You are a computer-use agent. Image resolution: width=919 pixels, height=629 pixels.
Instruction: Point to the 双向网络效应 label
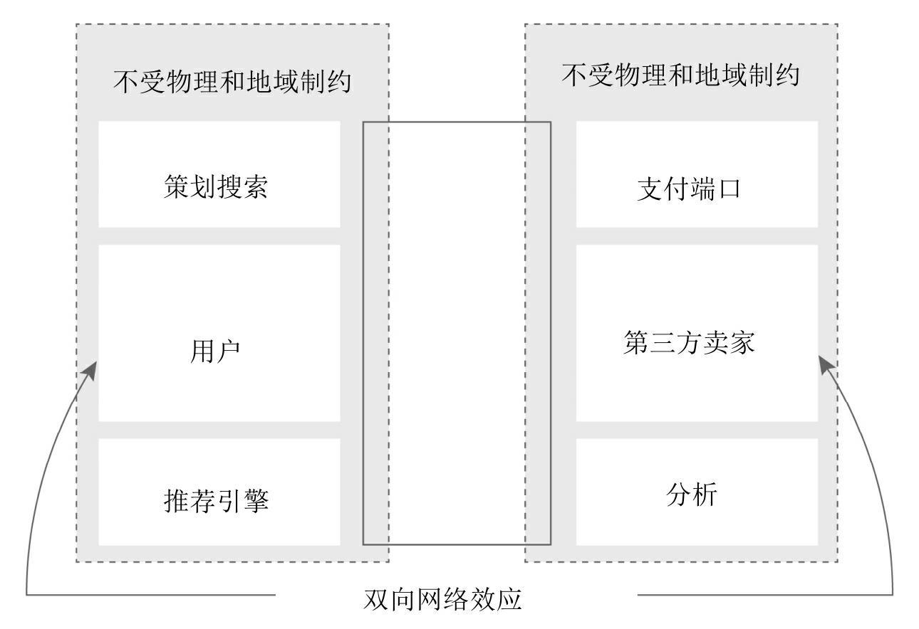click(x=442, y=599)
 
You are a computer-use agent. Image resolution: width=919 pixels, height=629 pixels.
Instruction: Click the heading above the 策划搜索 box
click(x=232, y=80)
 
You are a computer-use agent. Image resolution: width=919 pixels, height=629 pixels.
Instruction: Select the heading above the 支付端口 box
click(x=680, y=75)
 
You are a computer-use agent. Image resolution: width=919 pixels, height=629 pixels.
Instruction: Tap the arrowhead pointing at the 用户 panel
click(x=91, y=370)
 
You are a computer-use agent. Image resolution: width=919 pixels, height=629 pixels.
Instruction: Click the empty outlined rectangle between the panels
click(x=457, y=333)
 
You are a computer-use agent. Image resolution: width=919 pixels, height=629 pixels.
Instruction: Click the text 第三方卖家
click(x=688, y=344)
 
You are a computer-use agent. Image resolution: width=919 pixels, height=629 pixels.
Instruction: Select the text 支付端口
click(x=688, y=190)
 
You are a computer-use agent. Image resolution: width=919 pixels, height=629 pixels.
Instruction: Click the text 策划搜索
click(x=215, y=189)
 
